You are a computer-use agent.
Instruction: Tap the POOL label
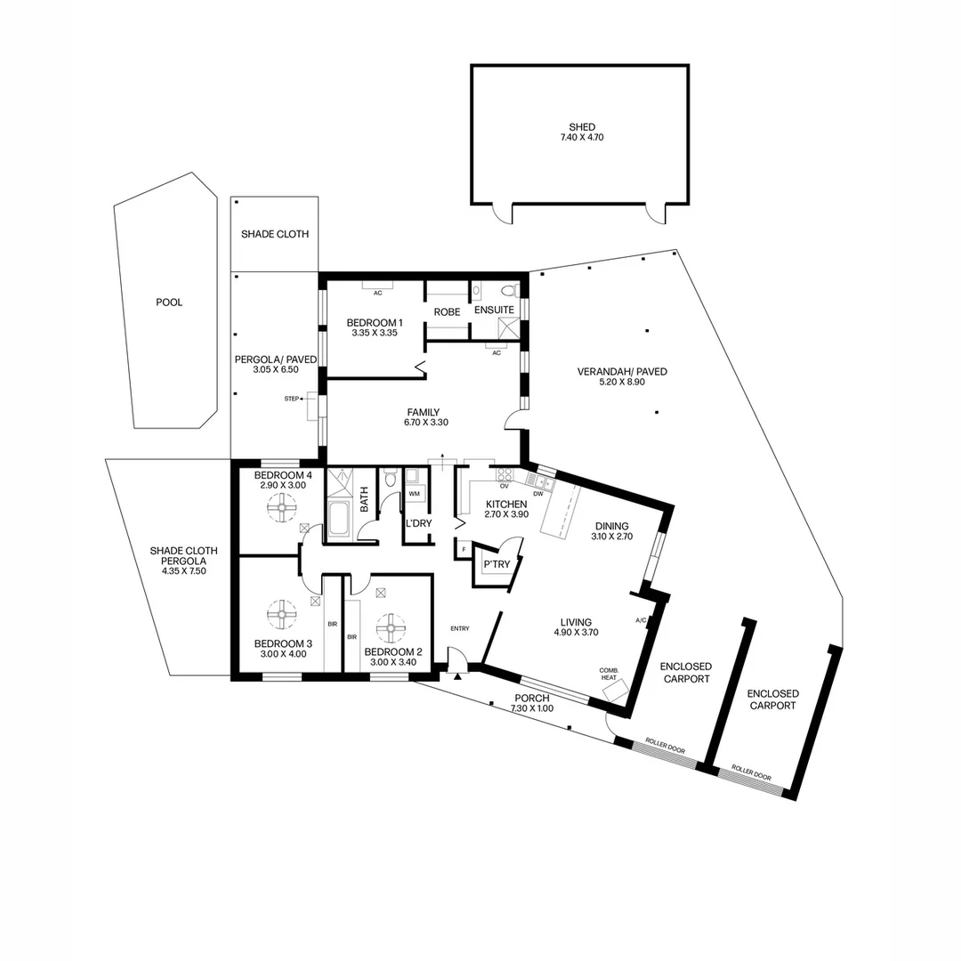click(x=169, y=303)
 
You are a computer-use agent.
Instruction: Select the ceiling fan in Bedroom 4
click(x=282, y=510)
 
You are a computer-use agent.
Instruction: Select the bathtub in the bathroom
click(x=339, y=519)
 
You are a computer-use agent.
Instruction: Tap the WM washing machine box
click(x=415, y=493)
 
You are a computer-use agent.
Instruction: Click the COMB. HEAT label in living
click(x=609, y=674)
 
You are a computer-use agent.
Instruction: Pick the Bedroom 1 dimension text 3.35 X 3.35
click(x=375, y=333)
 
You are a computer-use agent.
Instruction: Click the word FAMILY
click(x=424, y=412)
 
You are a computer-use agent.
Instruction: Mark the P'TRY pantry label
click(x=496, y=565)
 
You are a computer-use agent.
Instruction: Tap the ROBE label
click(x=447, y=312)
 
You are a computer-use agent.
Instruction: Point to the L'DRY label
click(x=418, y=523)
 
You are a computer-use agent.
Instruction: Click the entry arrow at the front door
click(x=458, y=677)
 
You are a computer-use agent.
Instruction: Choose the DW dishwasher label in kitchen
click(x=538, y=494)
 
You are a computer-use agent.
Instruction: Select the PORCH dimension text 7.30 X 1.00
click(x=532, y=708)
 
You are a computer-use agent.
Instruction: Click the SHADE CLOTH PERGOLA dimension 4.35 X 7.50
click(x=183, y=571)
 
